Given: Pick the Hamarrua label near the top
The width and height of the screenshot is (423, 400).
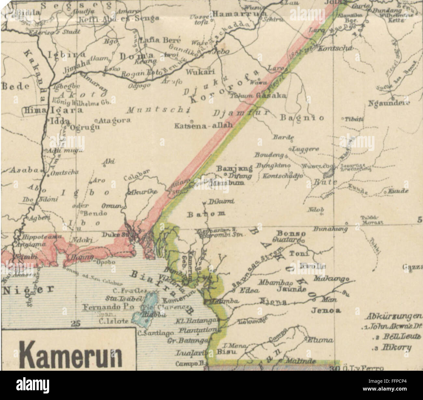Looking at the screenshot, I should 239,14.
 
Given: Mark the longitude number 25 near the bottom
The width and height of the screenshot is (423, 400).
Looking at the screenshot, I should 75,323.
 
